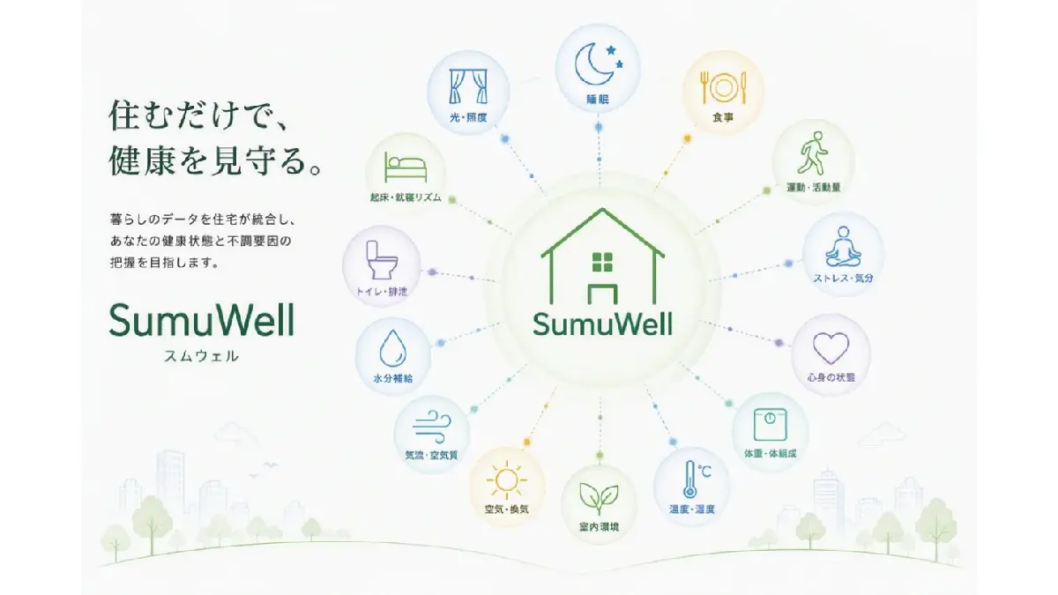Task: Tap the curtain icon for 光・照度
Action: tap(468, 86)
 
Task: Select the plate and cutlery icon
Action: tap(723, 87)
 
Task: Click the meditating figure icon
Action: tap(843, 247)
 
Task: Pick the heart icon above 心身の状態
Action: tap(831, 348)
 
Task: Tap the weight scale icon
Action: tap(770, 425)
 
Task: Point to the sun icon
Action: tap(507, 480)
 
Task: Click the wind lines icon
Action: tap(432, 427)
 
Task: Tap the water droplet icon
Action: tap(392, 348)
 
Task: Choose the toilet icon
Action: tap(381, 260)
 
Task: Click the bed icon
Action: tap(406, 167)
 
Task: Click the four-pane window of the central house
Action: tap(602, 263)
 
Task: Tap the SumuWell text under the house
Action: tap(602, 324)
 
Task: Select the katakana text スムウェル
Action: tap(201, 356)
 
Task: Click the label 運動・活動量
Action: tap(813, 188)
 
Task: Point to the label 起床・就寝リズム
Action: tap(406, 197)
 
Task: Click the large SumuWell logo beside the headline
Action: tap(202, 320)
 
